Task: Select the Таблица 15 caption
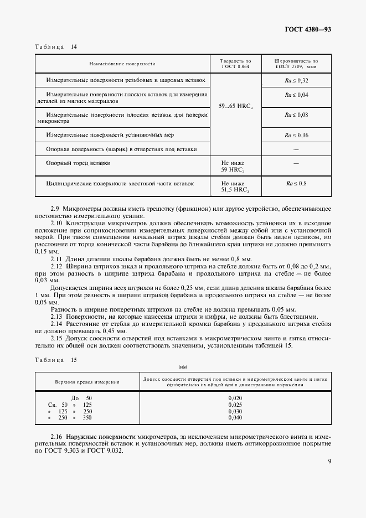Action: coord(55,360)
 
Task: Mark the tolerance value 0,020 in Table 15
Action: coord(235,398)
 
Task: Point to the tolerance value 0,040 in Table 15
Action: coord(235,418)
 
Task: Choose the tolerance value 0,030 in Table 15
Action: coord(235,411)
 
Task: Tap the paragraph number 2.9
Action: coord(56,208)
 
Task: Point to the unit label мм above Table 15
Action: coord(183,367)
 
